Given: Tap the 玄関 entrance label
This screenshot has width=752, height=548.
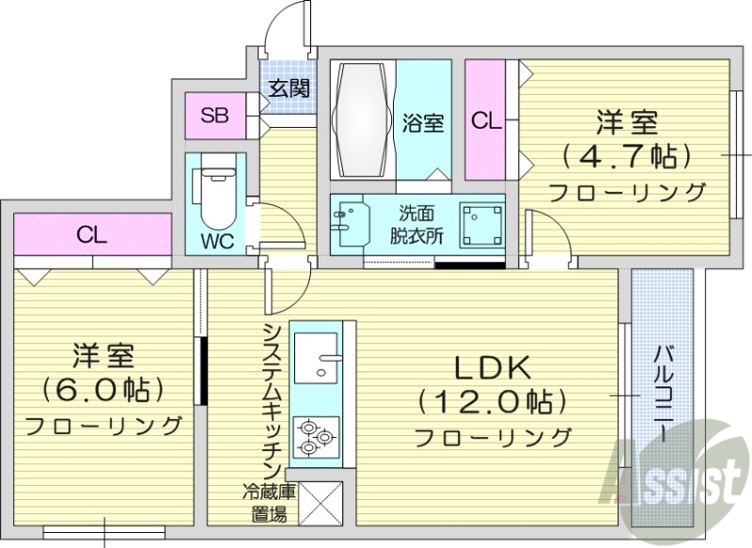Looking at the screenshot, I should click(289, 89).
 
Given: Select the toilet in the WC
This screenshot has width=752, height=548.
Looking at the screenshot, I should click(215, 193).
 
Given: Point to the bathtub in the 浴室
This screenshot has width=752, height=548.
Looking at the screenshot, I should click(362, 119).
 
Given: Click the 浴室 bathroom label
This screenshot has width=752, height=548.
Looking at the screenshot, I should click(423, 123).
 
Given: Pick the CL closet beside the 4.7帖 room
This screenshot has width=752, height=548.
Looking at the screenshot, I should click(485, 120).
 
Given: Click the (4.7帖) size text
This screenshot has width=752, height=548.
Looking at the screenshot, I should click(626, 155).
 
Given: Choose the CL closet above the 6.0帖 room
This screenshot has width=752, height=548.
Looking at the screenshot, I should click(92, 235).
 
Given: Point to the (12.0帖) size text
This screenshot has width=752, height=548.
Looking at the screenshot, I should click(493, 402).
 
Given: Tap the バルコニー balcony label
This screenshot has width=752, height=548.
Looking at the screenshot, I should click(663, 395).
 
